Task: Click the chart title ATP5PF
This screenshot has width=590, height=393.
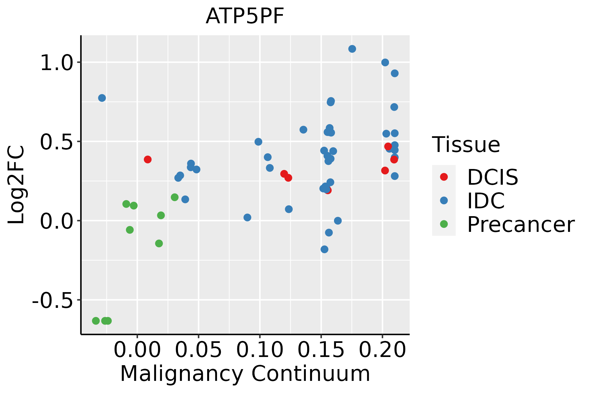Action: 245,16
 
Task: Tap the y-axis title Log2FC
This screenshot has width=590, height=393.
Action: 16,185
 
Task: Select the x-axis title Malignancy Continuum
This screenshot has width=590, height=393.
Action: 245,374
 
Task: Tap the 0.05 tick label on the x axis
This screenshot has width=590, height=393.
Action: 198,350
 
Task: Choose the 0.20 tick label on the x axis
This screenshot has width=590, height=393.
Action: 382,350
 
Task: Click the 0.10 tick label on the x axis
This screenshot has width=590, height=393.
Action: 260,350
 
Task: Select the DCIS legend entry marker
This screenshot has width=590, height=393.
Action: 444,177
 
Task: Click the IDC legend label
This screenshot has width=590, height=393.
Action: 486,201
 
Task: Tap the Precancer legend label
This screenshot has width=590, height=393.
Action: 521,225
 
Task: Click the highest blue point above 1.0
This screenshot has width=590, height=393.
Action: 352,49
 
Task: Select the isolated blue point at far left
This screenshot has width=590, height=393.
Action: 102,98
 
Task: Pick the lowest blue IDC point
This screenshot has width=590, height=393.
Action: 324,249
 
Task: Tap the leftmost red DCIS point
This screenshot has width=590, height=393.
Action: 147,159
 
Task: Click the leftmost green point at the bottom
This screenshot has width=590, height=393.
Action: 96,321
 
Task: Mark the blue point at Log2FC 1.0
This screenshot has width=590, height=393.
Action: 385,63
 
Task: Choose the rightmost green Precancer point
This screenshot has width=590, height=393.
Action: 175,197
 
